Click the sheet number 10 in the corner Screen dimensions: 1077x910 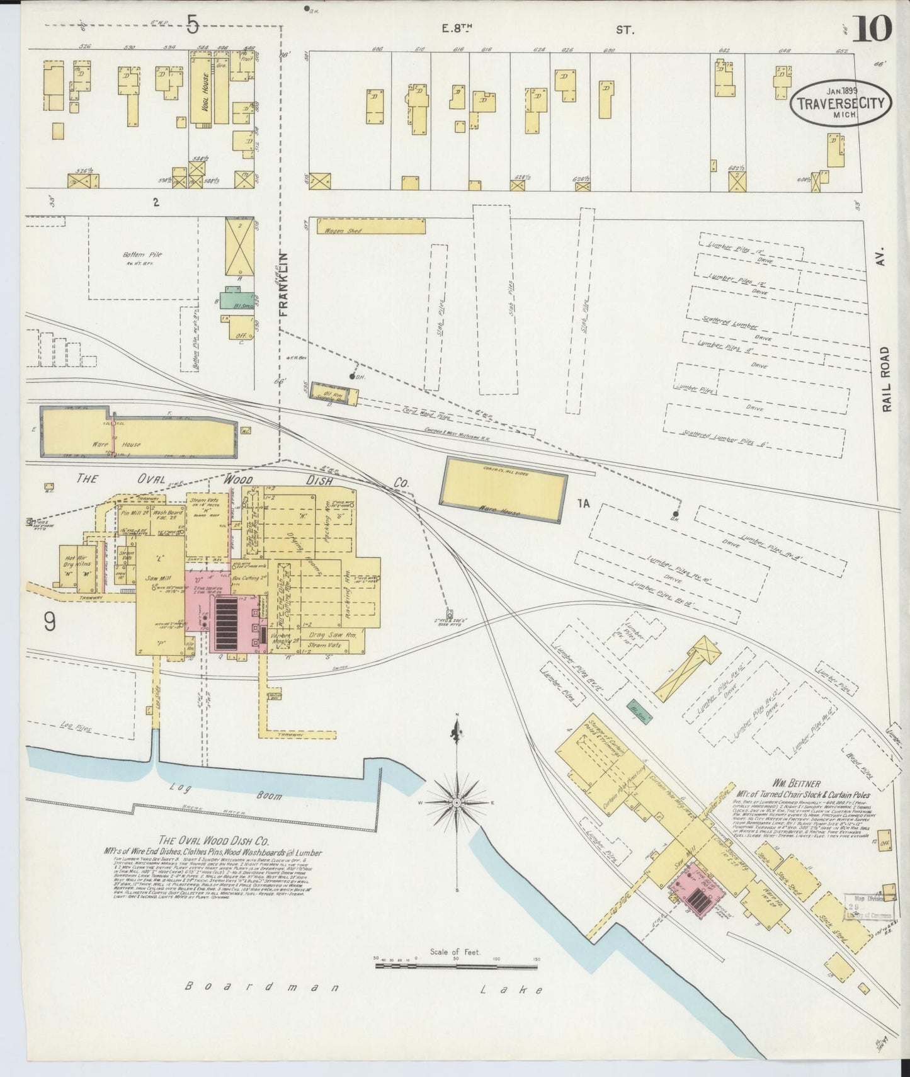tap(872, 28)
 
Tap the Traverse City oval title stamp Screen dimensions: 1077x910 tap(841, 103)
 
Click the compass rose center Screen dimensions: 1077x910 tap(457, 804)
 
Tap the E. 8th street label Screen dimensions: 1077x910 tap(457, 28)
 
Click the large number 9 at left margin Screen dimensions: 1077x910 tap(50, 622)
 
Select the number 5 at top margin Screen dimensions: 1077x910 tap(192, 25)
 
